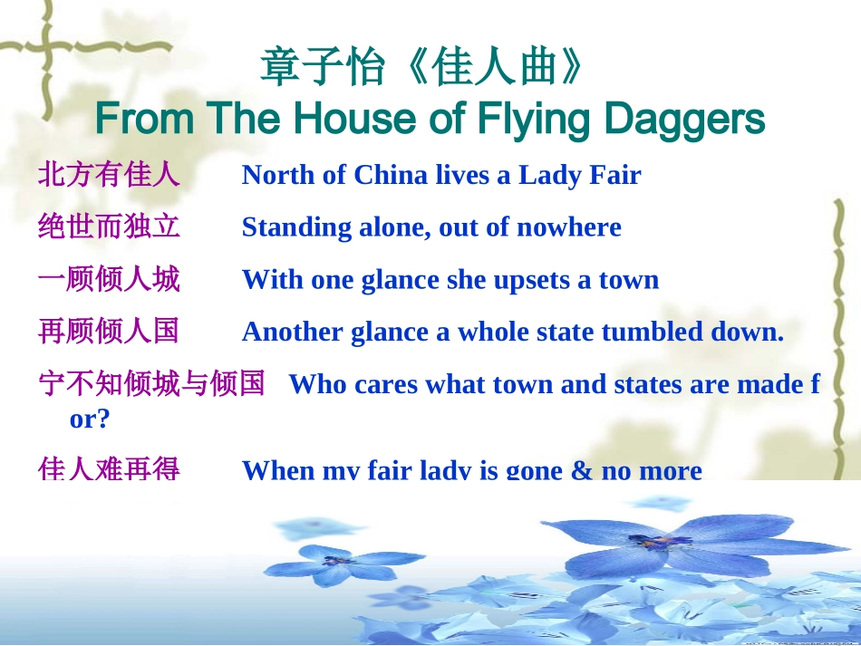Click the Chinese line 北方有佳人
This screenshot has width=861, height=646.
(109, 174)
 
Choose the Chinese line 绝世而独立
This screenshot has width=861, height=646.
(109, 227)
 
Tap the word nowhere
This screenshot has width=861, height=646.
(568, 227)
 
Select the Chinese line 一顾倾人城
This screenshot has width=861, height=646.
(109, 279)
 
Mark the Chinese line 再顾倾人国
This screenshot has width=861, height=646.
(109, 332)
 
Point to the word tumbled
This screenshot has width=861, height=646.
(660, 333)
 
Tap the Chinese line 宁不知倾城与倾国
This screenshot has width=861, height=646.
(151, 384)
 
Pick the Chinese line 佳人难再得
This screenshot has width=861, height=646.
(109, 468)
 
